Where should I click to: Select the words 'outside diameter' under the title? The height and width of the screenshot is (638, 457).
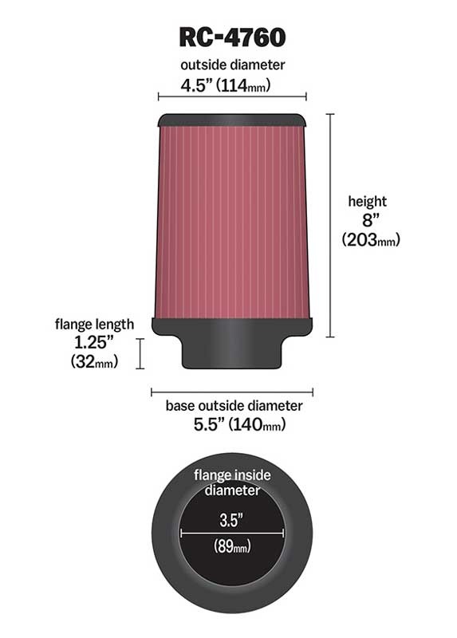pos(231,64)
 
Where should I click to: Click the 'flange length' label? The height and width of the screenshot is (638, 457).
pos(94,325)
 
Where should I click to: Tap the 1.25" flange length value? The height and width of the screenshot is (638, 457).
pos(94,344)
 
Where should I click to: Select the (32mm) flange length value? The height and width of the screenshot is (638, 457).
pos(94,363)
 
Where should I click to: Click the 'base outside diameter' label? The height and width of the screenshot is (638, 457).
pos(234,406)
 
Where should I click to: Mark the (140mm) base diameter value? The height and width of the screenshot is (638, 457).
pos(257,425)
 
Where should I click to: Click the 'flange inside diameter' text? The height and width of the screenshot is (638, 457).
pos(232,482)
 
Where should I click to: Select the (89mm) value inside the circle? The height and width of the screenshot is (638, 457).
pos(232,547)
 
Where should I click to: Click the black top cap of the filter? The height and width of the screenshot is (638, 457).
pos(232,120)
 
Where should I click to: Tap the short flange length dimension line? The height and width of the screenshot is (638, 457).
pos(141,353)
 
